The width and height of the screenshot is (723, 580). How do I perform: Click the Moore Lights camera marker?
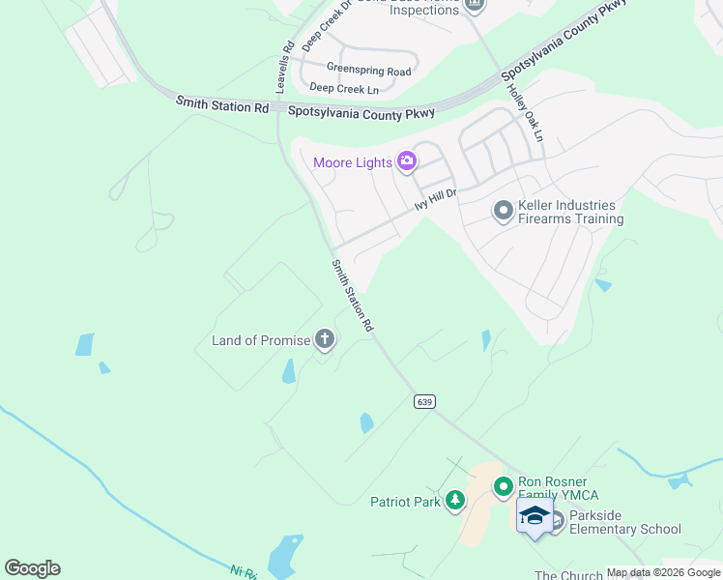[407, 161]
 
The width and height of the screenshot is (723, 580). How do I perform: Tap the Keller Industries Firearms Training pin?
[503, 210]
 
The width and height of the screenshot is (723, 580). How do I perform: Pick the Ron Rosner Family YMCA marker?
[503, 488]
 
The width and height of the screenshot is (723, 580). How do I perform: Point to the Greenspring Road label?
[368, 71]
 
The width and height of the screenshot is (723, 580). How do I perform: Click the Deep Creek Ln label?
[344, 88]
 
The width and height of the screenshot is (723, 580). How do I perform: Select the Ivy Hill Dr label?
[434, 198]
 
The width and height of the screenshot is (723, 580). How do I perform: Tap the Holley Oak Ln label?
[526, 111]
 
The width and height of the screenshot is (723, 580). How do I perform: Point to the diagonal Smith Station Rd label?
[352, 296]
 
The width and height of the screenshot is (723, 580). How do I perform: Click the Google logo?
[32, 568]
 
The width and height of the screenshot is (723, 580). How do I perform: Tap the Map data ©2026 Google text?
[663, 573]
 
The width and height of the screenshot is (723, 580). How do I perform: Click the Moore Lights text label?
[352, 162]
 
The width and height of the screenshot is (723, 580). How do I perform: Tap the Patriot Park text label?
[406, 502]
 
